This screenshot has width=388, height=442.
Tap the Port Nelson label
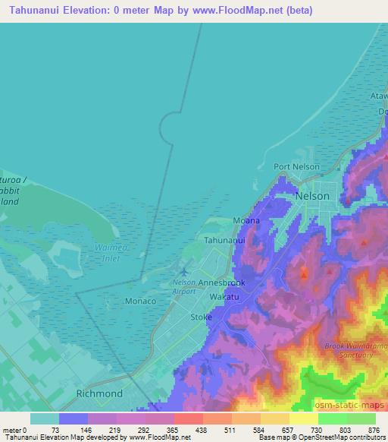(296, 167)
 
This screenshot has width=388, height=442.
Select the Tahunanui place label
(224, 240)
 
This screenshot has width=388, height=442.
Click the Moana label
(246, 221)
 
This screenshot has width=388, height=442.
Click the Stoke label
(201, 317)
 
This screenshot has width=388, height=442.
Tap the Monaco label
(139, 302)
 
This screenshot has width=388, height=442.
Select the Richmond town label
(99, 394)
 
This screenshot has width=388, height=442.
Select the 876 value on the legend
(374, 429)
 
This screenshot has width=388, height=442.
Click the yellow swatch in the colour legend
(303, 418)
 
